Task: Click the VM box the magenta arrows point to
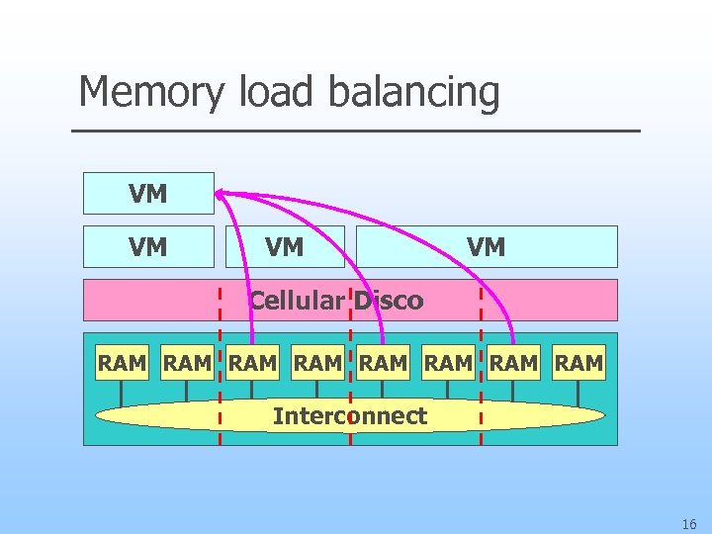[x=148, y=194]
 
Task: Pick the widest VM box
[x=486, y=247]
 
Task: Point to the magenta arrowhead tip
[x=218, y=193]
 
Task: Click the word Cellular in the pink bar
[x=296, y=301]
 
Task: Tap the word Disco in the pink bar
[x=389, y=301]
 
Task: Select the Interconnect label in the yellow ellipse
[x=350, y=416]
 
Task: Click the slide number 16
[x=688, y=523]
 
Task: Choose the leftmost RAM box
[x=122, y=364]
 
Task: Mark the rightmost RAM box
[x=579, y=364]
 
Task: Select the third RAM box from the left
[x=252, y=364]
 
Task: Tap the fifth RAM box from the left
[x=383, y=364]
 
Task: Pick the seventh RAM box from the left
[x=514, y=364]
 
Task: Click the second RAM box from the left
[x=187, y=364]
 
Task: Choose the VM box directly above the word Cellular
[x=285, y=247]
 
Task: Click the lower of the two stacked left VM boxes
[x=148, y=247]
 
